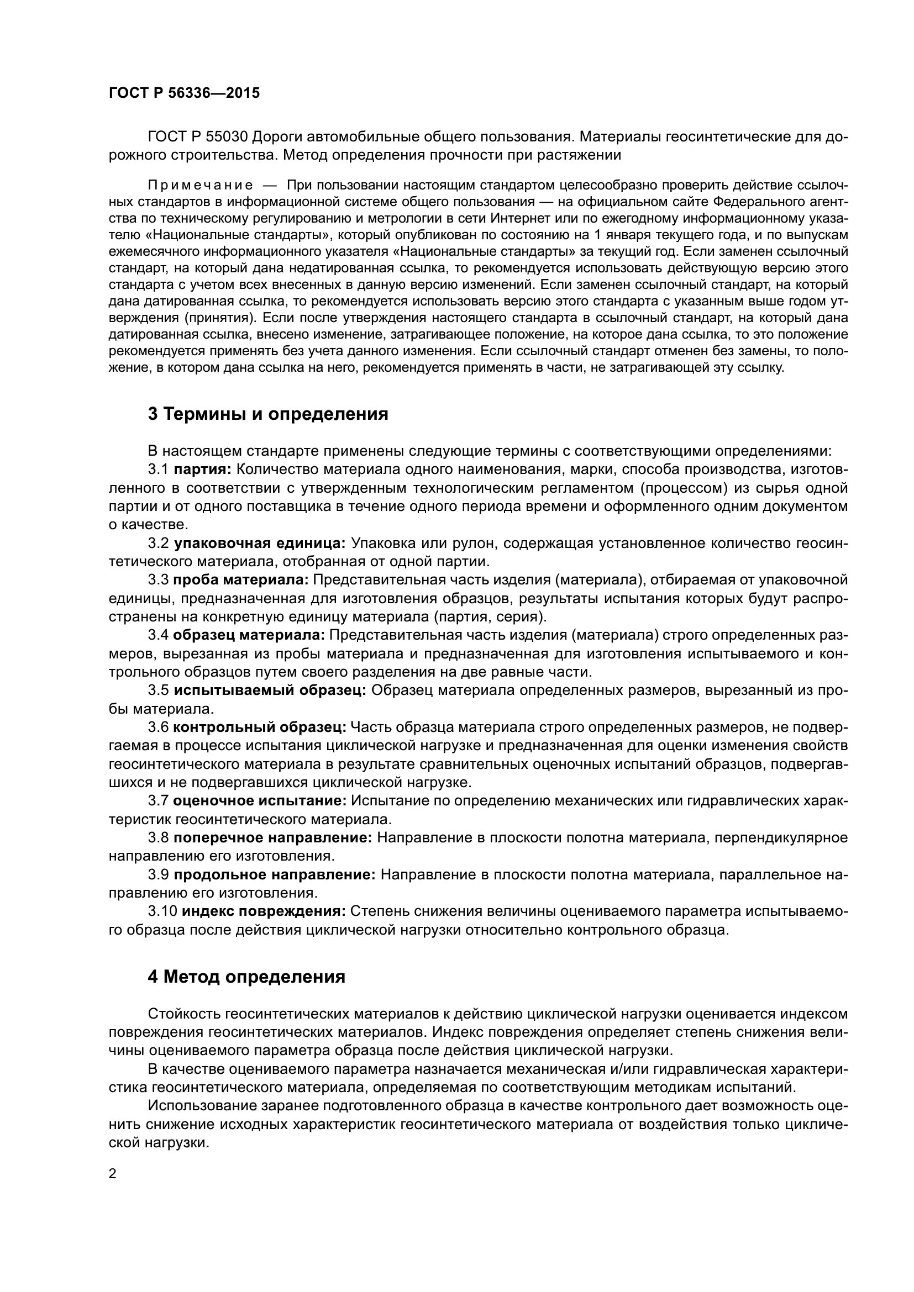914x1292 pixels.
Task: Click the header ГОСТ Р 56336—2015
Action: (184, 93)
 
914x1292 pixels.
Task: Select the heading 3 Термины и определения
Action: (268, 414)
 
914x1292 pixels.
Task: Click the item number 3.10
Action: (162, 910)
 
